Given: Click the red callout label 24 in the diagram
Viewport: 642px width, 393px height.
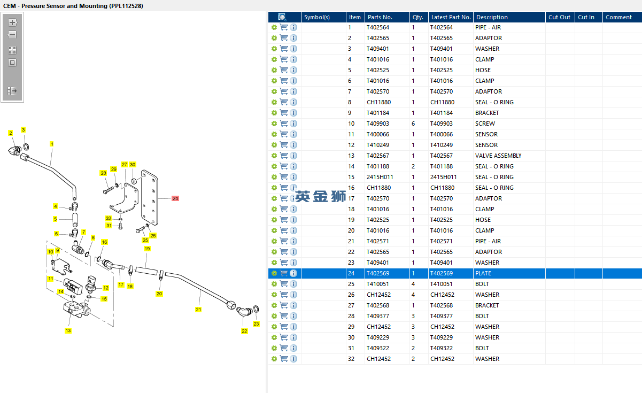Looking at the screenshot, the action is coord(175,198).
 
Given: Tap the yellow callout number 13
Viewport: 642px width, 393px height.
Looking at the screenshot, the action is coord(68,330).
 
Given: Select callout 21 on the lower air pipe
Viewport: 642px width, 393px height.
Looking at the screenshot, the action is coord(198,310).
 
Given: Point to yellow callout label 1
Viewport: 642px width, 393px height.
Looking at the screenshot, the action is coord(52,144).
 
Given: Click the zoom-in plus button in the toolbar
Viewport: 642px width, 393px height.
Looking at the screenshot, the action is coord(12,22).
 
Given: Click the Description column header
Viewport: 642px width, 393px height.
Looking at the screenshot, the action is coord(492,17).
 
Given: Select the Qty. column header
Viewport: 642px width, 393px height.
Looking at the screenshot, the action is coord(418,17).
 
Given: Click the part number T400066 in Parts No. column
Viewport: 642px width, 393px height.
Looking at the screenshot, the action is coord(378,134).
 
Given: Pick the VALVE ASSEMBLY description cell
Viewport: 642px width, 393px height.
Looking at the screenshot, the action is coord(498,156).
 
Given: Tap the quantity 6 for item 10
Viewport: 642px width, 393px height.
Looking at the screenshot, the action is coord(413,124).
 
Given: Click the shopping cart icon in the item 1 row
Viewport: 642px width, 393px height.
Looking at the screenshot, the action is coord(284,27).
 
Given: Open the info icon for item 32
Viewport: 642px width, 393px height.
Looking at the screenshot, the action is coord(293,359).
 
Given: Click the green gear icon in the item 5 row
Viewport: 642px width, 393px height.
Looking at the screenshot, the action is coord(274,70).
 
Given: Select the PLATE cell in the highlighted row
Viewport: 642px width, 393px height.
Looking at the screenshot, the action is coord(483,273).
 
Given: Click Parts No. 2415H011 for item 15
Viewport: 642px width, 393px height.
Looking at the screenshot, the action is coord(380,177).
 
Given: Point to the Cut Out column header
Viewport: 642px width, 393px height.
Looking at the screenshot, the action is coord(560,17).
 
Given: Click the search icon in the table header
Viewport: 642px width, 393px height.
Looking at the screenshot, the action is coord(282,17).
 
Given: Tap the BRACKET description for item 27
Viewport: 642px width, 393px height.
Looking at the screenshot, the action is coord(487,305).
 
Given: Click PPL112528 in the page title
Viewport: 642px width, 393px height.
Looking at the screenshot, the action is coord(126,6).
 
